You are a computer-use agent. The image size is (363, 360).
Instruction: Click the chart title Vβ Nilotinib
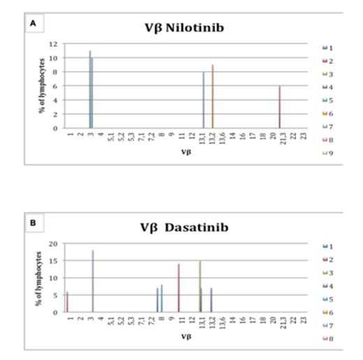click(x=184, y=29)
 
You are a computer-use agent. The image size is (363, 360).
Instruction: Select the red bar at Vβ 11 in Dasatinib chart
click(x=179, y=288)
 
